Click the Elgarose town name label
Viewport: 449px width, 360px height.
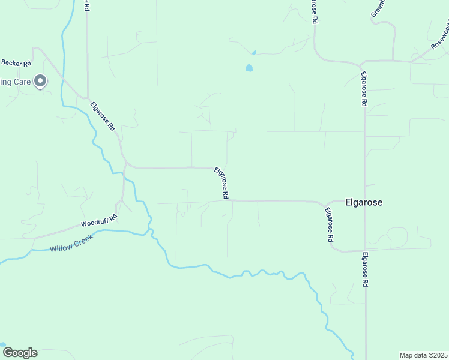click(364, 202)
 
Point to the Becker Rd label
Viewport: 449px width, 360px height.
click(16, 62)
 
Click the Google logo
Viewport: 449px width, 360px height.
click(20, 353)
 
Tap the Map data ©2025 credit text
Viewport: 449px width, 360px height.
click(424, 355)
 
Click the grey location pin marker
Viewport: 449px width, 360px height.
click(40, 80)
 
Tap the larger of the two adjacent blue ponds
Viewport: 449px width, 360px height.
click(249, 68)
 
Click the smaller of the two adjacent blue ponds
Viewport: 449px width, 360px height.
click(254, 53)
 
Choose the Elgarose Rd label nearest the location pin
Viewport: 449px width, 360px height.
click(103, 115)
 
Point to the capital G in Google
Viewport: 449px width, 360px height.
click(7, 352)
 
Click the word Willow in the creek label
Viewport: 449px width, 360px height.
click(61, 248)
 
